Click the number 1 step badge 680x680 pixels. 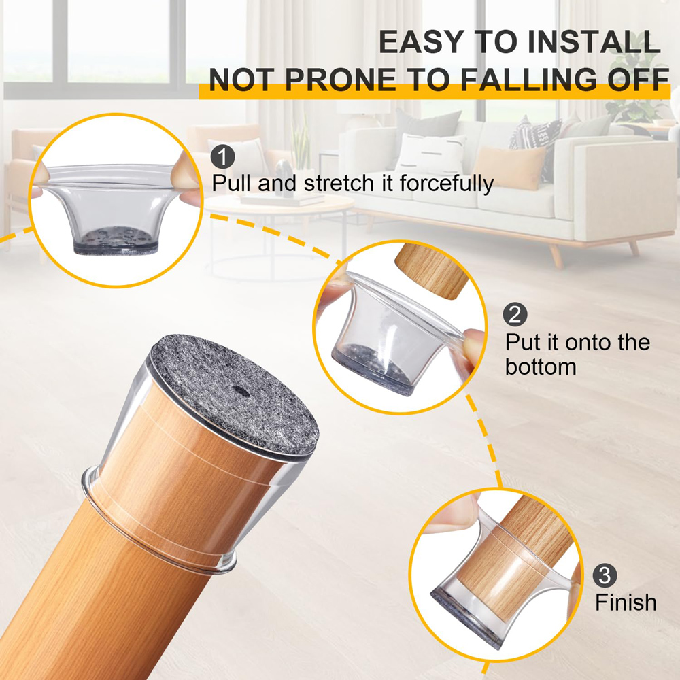tap(223, 157)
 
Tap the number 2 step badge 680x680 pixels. tap(515, 315)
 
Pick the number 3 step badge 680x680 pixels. tap(605, 575)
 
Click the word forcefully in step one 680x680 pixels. tap(447, 184)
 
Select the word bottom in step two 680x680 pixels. tap(541, 367)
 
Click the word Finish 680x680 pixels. tap(626, 602)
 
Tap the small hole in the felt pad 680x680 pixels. tap(238, 390)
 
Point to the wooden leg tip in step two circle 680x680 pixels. tap(431, 271)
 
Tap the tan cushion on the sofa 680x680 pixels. tap(508, 167)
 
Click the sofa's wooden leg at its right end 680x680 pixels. tap(634, 248)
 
